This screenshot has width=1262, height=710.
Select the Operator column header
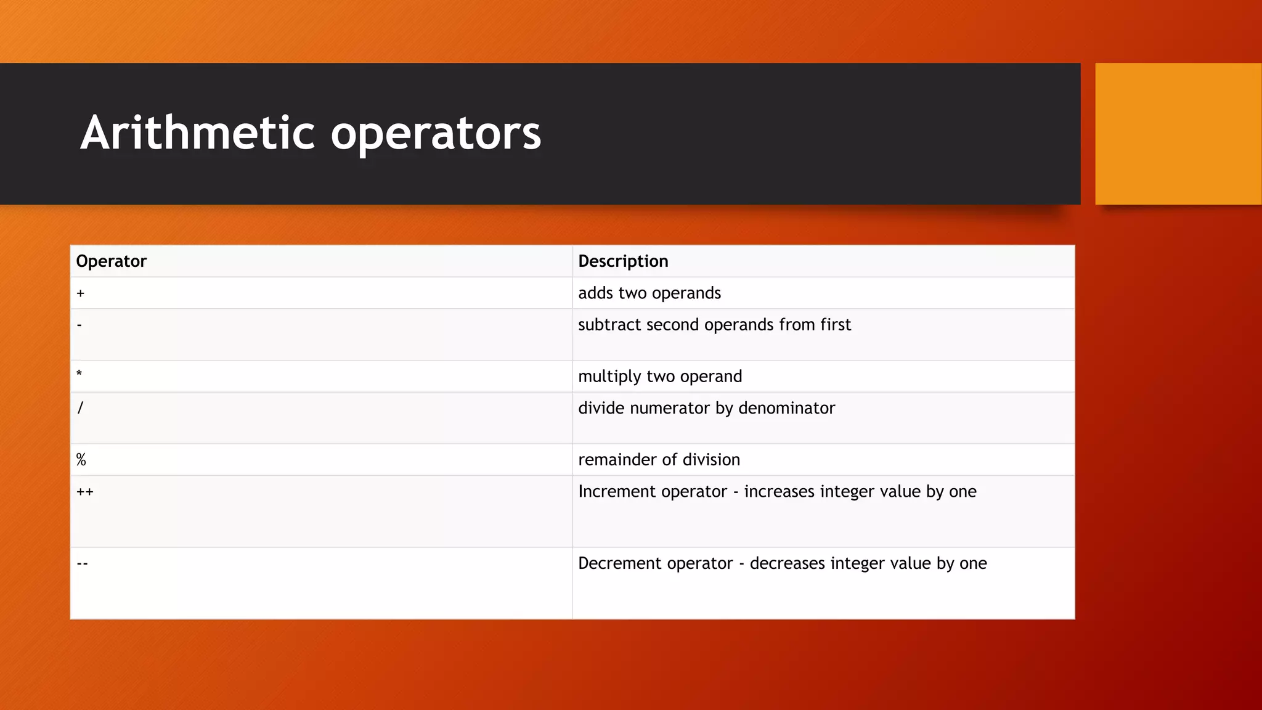click(x=111, y=261)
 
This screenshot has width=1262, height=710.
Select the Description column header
click(x=623, y=261)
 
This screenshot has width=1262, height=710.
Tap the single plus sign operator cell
click(x=81, y=293)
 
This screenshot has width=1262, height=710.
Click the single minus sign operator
click(x=79, y=325)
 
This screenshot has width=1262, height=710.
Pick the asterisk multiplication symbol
click(x=79, y=373)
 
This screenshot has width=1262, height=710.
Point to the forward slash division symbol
click(x=80, y=407)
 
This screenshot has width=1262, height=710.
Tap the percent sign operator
click(x=81, y=460)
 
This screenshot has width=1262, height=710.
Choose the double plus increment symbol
click(x=85, y=492)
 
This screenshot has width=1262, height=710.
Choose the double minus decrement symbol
click(x=83, y=563)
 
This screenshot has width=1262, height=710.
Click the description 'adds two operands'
click(x=649, y=293)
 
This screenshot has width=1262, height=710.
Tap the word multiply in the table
click(x=610, y=377)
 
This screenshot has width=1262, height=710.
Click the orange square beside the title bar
click(x=1178, y=134)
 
